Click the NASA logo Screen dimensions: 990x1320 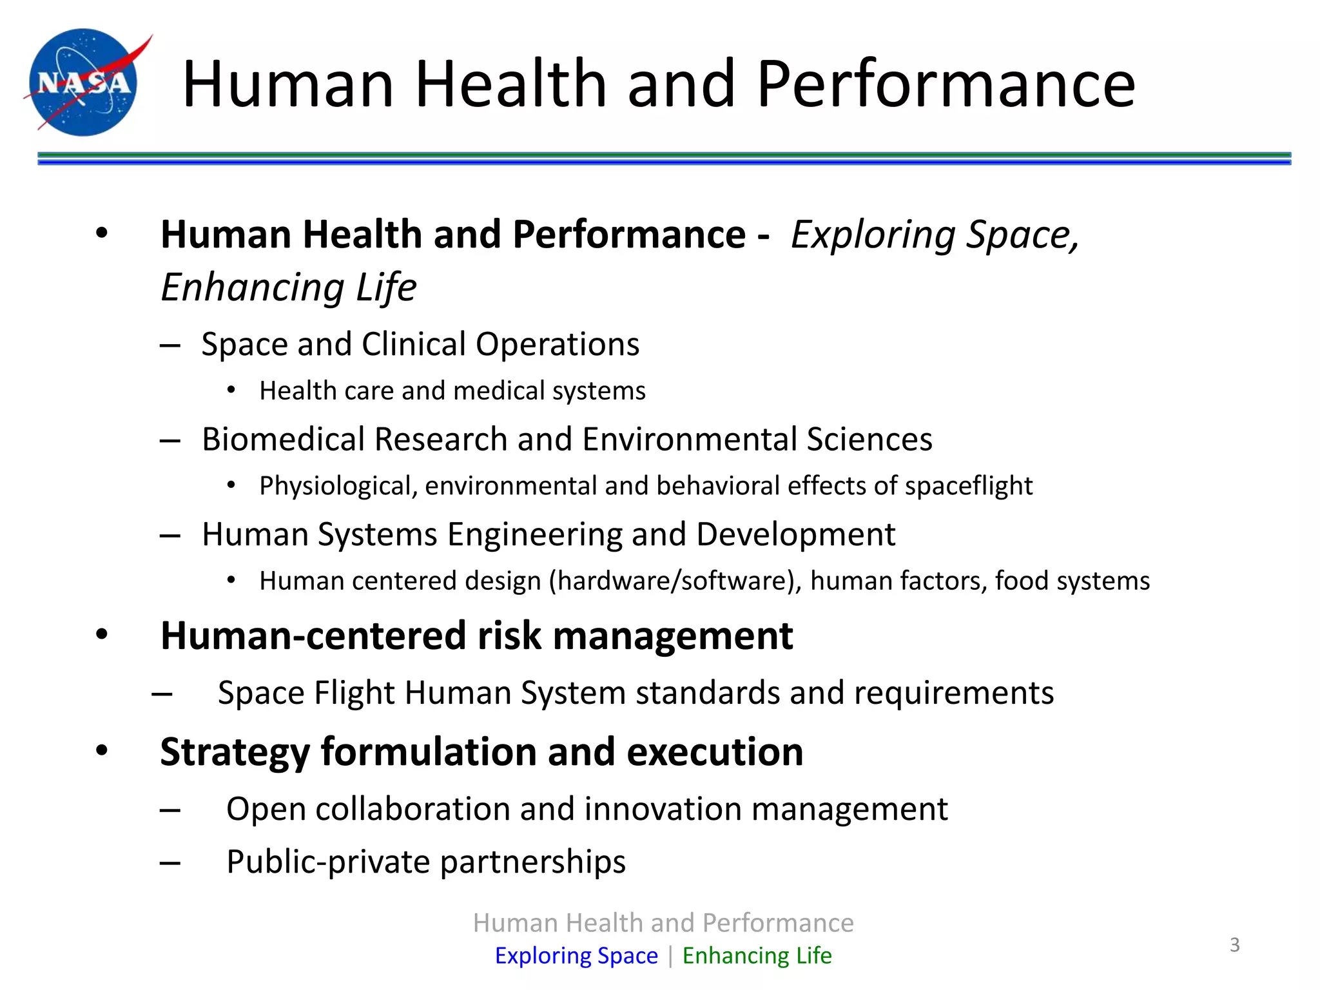click(x=84, y=82)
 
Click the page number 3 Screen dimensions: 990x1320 click(x=1234, y=945)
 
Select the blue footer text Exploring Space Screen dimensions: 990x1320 click(x=576, y=955)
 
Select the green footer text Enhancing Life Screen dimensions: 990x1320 click(x=757, y=955)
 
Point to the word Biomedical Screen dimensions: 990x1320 click(x=284, y=440)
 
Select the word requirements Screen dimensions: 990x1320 click(x=954, y=694)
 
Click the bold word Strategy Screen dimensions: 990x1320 click(x=235, y=753)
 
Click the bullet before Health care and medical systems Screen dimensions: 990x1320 click(x=231, y=391)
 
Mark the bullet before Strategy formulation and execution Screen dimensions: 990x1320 click(x=102, y=750)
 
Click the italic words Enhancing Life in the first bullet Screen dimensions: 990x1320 click(x=288, y=287)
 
